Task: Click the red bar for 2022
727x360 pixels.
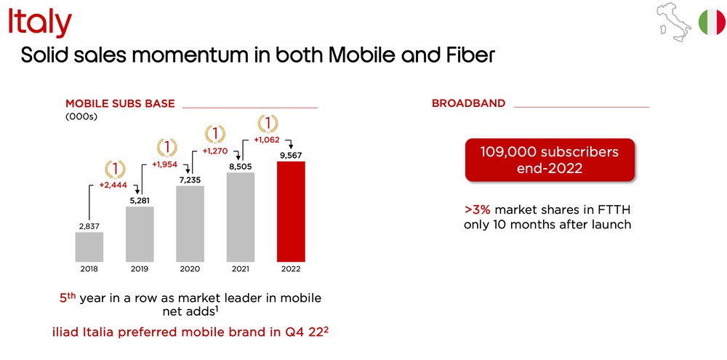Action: (291, 212)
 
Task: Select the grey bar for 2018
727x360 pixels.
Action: (89, 247)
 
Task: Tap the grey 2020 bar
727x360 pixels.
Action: (190, 223)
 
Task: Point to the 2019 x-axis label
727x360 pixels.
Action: (140, 269)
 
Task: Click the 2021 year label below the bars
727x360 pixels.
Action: (241, 269)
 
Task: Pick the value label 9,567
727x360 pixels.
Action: (291, 156)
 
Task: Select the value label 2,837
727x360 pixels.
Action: (89, 226)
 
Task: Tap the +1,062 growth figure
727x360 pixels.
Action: (268, 139)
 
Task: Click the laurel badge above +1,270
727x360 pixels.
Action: (215, 135)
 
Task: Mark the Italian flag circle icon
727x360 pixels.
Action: (711, 22)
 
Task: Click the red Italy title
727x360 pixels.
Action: (40, 23)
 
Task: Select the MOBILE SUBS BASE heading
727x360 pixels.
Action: (120, 103)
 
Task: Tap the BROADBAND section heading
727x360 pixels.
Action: (468, 103)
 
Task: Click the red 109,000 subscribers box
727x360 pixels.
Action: (550, 159)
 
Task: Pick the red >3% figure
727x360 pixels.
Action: (477, 209)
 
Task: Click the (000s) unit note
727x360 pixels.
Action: (81, 116)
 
